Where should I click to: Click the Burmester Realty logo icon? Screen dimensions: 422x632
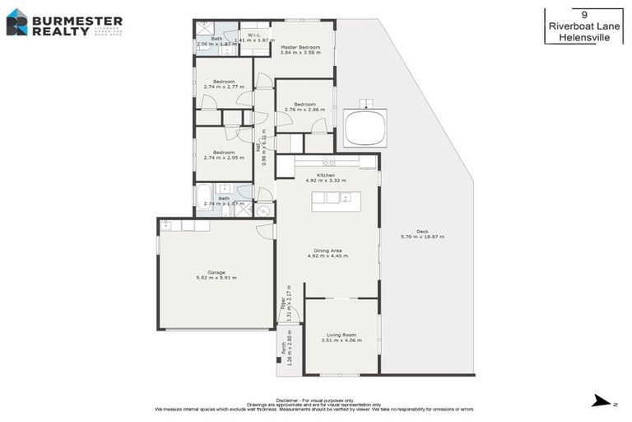click(16, 22)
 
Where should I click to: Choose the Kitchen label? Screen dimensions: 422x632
click(326, 177)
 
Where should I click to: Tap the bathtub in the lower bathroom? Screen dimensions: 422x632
click(204, 196)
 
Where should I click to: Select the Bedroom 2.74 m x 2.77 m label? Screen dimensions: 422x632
click(224, 83)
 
